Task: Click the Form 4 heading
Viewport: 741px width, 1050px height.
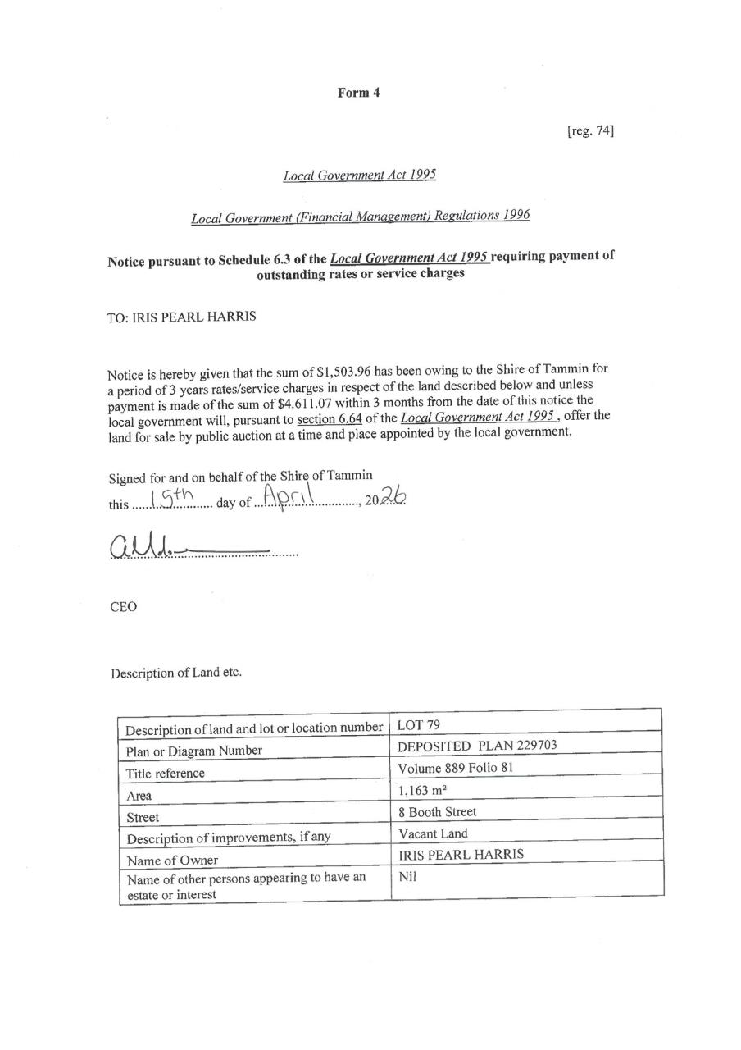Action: pos(358,93)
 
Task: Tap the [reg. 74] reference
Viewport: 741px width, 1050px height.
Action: pos(590,130)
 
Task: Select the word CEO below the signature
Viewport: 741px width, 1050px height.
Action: pos(123,607)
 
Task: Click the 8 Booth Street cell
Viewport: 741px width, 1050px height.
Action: pos(437,812)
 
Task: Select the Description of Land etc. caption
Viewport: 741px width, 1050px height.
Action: pos(176,673)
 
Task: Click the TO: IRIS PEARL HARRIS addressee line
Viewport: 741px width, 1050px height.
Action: pos(181,317)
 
